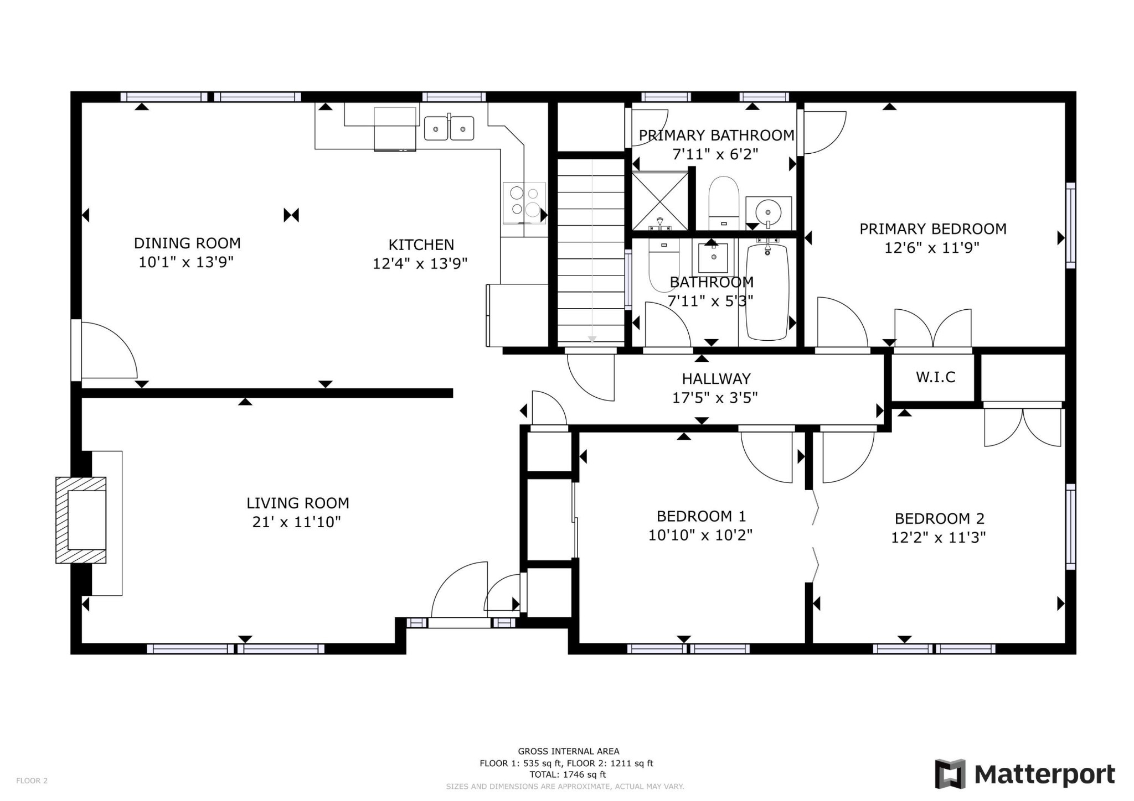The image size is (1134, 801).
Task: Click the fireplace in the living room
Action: point(81,520)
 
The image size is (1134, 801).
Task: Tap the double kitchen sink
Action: point(449,128)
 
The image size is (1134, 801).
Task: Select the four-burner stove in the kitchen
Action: point(524,203)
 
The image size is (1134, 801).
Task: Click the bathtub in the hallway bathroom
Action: point(767,292)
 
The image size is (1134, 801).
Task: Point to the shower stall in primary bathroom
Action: point(660,201)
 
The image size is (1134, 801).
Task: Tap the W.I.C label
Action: point(935,377)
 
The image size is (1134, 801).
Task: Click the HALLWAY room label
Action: point(716,379)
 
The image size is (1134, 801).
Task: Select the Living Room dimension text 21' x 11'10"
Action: point(296,522)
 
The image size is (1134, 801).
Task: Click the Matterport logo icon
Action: point(950,774)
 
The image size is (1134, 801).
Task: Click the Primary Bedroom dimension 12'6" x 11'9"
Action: point(932,248)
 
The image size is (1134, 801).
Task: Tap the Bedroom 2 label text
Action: point(940,519)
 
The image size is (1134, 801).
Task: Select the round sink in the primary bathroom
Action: point(769,211)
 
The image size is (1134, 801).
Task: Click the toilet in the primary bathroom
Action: point(724,202)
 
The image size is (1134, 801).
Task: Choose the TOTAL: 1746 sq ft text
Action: point(568,774)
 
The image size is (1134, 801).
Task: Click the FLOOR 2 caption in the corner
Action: point(32,781)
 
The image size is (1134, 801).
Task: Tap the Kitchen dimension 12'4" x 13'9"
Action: point(420,263)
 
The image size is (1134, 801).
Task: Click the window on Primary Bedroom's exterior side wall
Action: point(1071,226)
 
